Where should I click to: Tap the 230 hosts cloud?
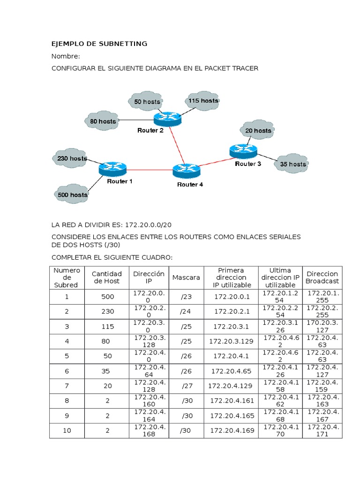click(72, 158)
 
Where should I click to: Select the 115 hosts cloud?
click(202, 101)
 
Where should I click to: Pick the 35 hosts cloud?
click(293, 164)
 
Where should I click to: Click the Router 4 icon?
click(187, 170)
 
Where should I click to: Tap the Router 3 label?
click(248, 164)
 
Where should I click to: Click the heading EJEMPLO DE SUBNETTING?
click(99, 44)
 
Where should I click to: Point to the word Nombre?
click(66, 56)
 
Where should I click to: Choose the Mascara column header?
click(186, 277)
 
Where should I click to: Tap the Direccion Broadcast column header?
click(322, 277)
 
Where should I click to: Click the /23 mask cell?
click(186, 297)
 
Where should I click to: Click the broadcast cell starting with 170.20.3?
click(322, 326)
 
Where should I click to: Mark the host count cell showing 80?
click(106, 341)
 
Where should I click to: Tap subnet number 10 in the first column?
click(67, 430)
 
